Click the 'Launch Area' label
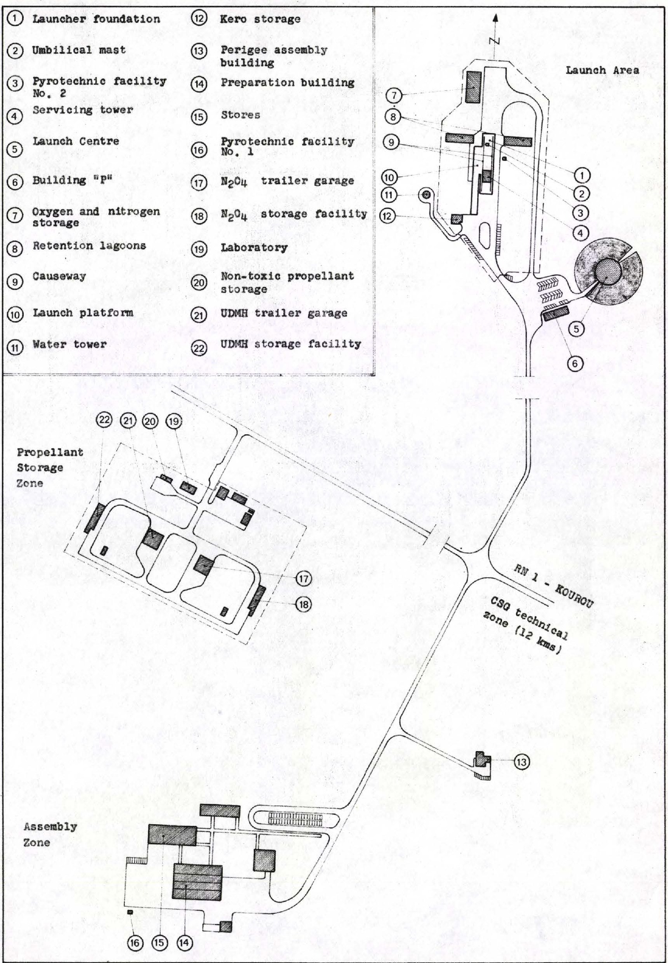[602, 70]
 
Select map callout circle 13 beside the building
[521, 762]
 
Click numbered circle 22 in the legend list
[199, 348]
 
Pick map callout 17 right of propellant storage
[303, 579]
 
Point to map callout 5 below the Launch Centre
[576, 329]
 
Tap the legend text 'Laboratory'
[254, 247]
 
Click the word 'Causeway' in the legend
[59, 276]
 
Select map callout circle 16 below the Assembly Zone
[135, 943]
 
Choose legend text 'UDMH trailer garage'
[284, 313]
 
